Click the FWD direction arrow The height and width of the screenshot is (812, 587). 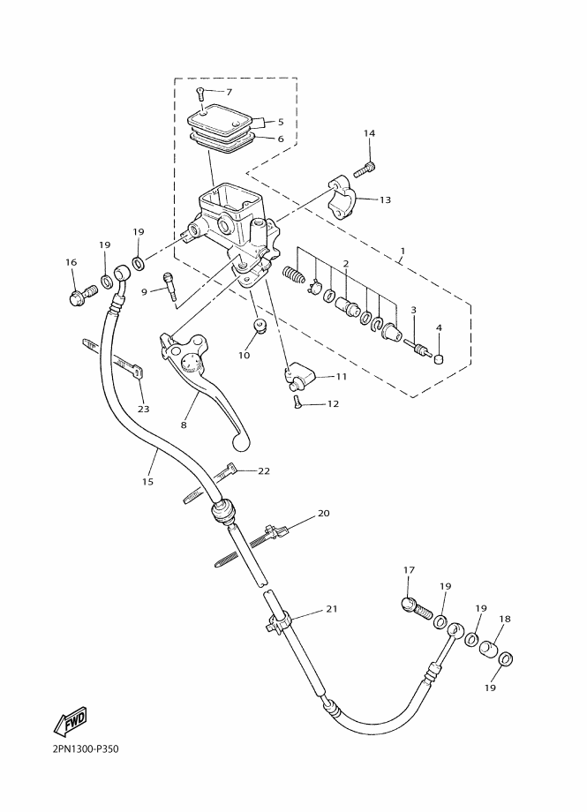point(71,721)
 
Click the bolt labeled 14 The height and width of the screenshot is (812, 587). point(365,169)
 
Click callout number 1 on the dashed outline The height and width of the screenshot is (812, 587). point(403,252)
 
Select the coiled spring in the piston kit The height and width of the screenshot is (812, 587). point(294,274)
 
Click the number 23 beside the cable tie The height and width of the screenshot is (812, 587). point(144,409)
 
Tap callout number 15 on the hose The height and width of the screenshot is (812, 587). point(147,482)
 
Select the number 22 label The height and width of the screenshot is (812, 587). point(264,470)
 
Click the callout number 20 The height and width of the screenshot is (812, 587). point(323,513)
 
